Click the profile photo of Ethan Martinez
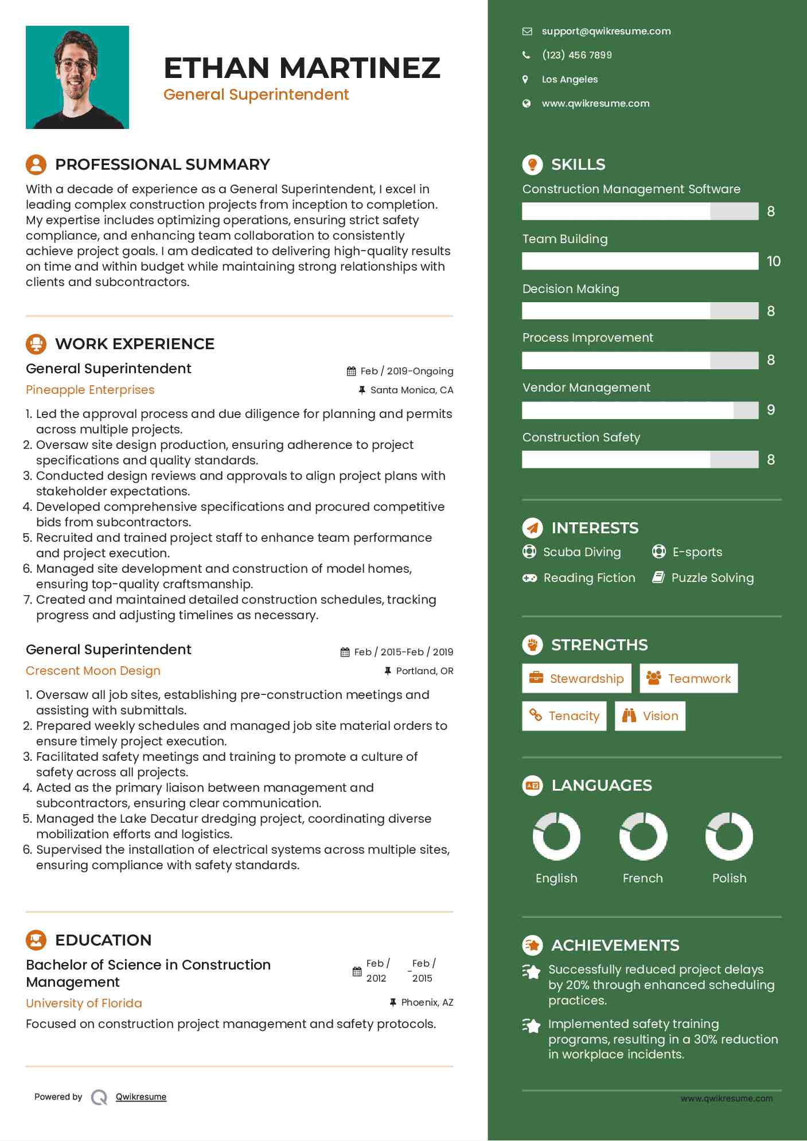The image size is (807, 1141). coord(77,77)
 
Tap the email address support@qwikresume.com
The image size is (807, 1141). coord(606,32)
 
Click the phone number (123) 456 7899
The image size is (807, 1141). coord(576,55)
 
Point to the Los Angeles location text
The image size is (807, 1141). coord(570,79)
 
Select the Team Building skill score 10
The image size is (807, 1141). coord(773,261)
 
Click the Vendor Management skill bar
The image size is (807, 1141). coord(640,410)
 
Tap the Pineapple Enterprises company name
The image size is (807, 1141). coord(90,390)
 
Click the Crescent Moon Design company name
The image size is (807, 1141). coord(93,671)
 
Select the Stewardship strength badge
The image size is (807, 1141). coord(576,679)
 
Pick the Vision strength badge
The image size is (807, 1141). coord(650,716)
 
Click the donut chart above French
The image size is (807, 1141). coord(643,836)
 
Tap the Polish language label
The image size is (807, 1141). coord(729,878)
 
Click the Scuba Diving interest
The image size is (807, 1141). coord(581,552)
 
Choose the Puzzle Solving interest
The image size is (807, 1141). coord(712,578)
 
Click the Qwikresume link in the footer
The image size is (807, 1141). coord(141,1097)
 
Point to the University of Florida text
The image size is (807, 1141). coord(84,1003)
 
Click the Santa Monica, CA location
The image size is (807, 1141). coord(411,390)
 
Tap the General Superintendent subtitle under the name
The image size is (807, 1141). coord(256,95)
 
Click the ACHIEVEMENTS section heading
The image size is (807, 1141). coord(615,945)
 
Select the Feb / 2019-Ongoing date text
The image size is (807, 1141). coord(407,372)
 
